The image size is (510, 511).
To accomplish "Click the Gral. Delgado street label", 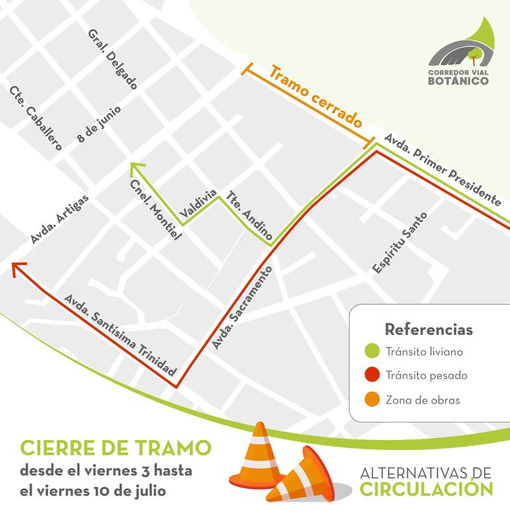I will [112, 60].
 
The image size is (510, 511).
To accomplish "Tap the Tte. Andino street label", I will [250, 215].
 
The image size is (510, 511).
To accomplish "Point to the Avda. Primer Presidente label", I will [442, 169].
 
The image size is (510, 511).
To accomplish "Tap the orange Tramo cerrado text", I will [317, 96].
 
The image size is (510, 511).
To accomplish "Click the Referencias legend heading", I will [429, 329].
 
